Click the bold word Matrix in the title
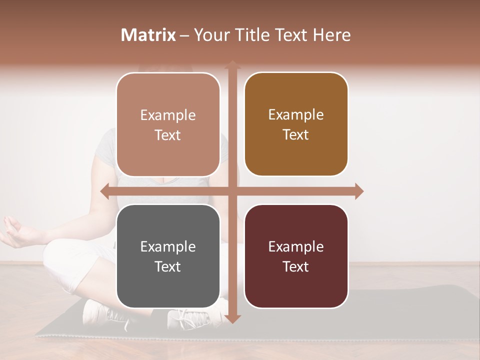(x=148, y=35)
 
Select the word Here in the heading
(x=331, y=35)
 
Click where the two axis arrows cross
(x=232, y=191)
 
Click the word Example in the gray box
(x=168, y=246)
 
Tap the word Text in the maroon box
(x=296, y=266)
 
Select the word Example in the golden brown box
(x=296, y=114)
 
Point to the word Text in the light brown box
(x=168, y=135)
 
